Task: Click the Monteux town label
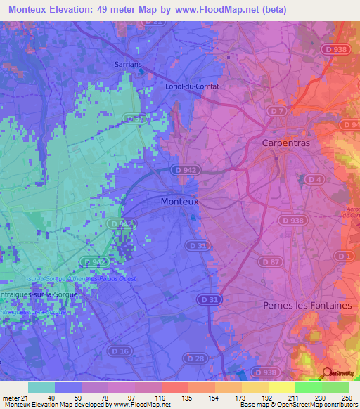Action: click(180, 201)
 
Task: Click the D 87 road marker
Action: click(269, 261)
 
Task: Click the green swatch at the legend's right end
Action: click(335, 387)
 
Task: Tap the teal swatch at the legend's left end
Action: click(41, 387)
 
